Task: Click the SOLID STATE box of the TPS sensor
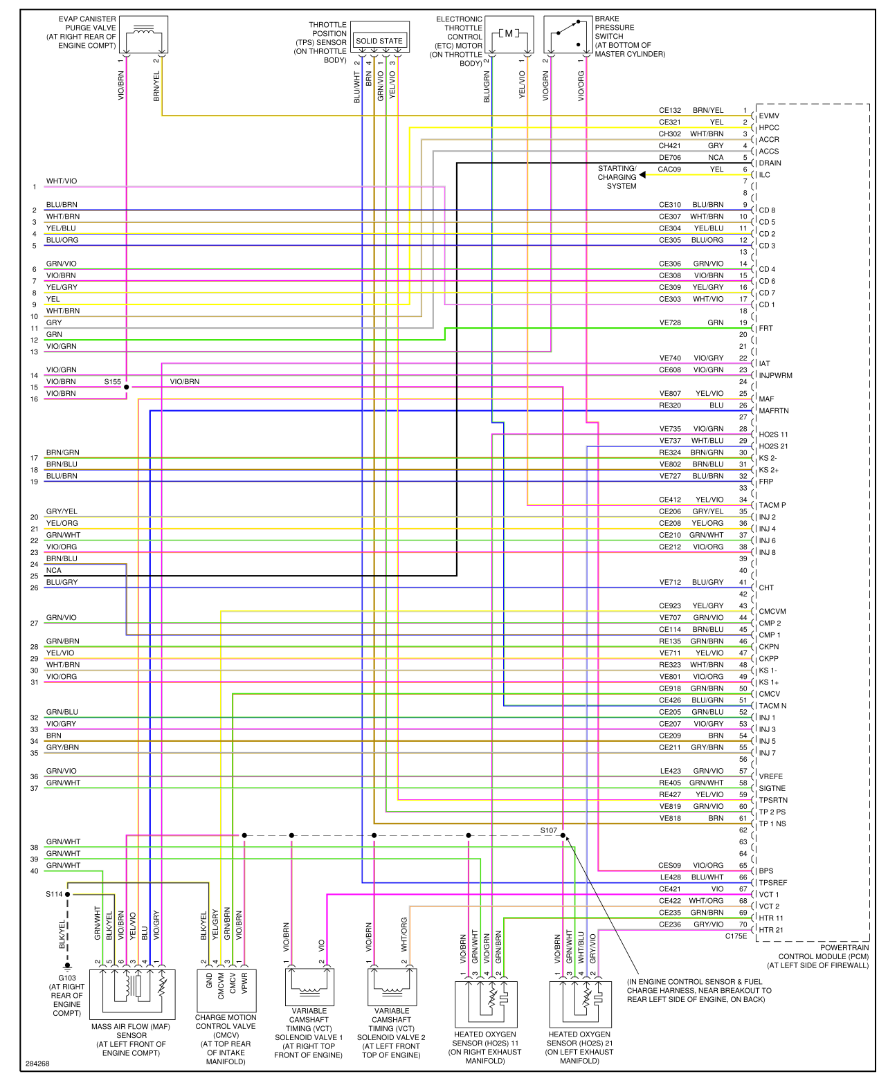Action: click(379, 41)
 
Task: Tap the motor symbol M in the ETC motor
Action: click(509, 33)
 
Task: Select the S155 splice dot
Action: click(126, 387)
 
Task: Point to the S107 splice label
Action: click(548, 830)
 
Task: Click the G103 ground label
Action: click(67, 978)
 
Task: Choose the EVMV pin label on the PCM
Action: click(768, 116)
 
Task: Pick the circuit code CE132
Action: click(669, 111)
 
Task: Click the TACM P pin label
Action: click(772, 506)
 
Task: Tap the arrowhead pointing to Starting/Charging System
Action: click(643, 175)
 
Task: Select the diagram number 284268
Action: click(37, 1064)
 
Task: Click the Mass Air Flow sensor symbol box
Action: click(132, 994)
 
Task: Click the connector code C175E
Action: click(736, 936)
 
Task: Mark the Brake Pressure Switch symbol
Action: click(568, 35)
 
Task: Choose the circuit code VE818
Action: click(669, 819)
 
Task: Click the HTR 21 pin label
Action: click(770, 930)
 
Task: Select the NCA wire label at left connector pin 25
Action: click(54, 571)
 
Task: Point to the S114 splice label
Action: click(54, 894)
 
